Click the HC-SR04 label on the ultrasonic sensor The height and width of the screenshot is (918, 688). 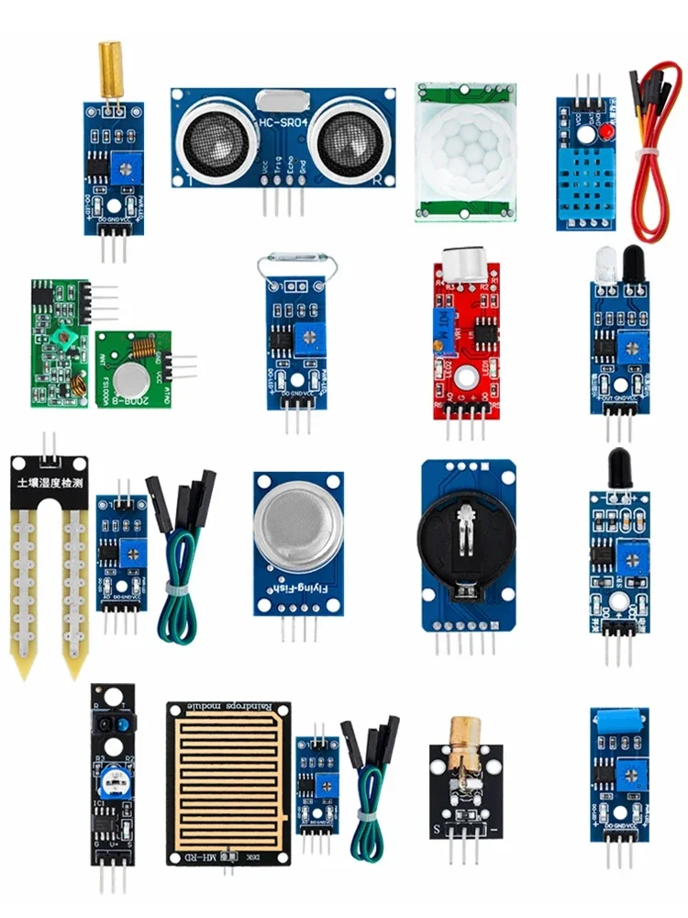click(282, 120)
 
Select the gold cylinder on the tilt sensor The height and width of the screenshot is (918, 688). click(111, 69)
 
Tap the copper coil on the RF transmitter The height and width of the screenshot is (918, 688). click(142, 350)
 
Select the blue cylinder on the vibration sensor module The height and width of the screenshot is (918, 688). click(620, 720)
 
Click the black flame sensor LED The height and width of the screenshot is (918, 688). click(620, 465)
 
